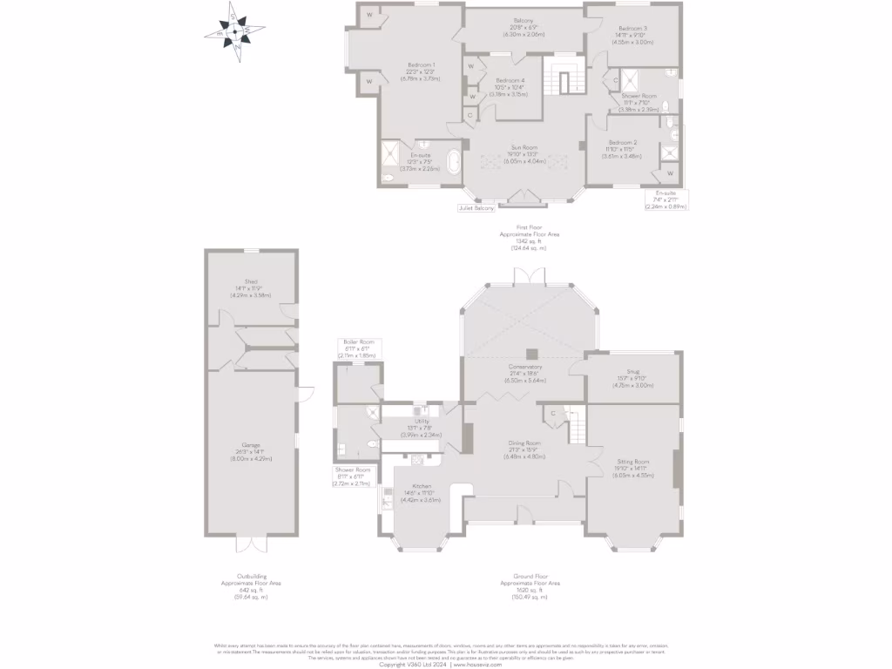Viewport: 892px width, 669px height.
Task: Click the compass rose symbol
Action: (x=233, y=33)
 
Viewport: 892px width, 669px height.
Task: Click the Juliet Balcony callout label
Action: (x=476, y=208)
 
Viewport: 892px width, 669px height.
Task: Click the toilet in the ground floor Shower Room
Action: (x=371, y=444)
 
